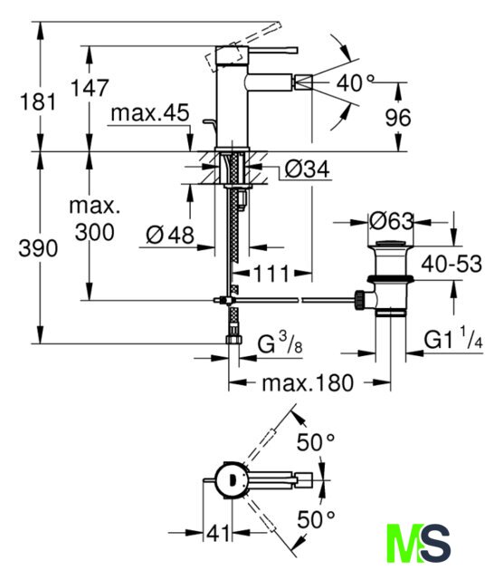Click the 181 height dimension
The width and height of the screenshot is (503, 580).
click(38, 101)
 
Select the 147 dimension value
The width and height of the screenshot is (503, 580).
click(90, 88)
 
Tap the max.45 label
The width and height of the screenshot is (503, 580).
click(150, 112)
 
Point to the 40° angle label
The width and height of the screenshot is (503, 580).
click(356, 82)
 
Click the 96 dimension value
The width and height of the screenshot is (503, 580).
click(398, 118)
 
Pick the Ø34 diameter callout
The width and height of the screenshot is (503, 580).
click(307, 169)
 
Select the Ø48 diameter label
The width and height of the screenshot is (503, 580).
click(170, 235)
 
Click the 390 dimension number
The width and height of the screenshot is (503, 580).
click(38, 247)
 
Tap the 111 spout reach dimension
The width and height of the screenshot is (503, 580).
click(271, 274)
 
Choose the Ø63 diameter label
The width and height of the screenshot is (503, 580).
click(392, 221)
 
